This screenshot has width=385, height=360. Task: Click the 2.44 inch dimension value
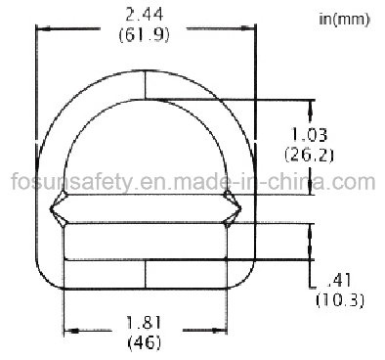[145, 15]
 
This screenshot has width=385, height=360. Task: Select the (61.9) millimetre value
[145, 35]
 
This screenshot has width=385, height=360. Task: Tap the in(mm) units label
[344, 20]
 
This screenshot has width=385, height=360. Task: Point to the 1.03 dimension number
[309, 134]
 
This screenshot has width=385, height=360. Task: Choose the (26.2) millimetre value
[309, 155]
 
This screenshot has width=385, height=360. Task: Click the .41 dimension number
[340, 281]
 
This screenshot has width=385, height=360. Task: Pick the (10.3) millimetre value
[340, 300]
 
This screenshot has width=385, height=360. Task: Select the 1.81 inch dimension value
[144, 323]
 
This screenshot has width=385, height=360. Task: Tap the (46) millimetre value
[145, 342]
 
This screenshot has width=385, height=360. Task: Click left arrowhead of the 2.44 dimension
[43, 29]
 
